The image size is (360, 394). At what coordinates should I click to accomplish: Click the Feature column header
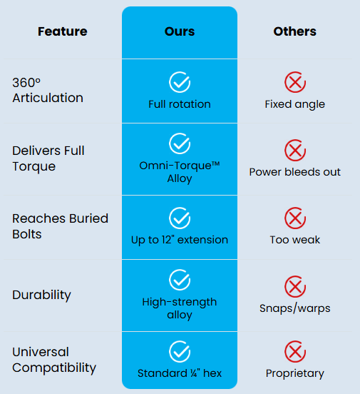coord(63,31)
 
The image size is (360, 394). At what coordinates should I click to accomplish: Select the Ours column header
coord(180,31)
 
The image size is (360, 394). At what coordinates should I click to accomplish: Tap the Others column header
coord(295,31)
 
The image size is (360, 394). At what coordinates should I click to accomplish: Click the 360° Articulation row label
coord(48,90)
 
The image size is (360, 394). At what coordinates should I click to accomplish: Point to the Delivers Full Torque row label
coord(48,158)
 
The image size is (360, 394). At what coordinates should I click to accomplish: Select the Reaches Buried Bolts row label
coord(61,227)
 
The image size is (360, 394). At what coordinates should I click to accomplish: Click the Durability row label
coord(41,295)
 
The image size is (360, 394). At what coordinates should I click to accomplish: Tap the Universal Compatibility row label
coord(54,360)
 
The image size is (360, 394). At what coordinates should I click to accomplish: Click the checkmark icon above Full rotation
coord(180,82)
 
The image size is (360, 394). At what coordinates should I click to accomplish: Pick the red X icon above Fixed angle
coord(295,82)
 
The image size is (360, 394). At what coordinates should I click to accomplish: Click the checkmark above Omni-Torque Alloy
coord(180,143)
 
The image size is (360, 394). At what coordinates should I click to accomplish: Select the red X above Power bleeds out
coord(295,151)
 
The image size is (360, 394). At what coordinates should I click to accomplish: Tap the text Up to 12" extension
coord(180,240)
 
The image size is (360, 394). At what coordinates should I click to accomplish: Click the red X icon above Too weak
coord(295,218)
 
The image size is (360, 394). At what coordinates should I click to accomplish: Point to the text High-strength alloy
coord(180,308)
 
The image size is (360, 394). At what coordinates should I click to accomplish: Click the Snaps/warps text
coord(295,308)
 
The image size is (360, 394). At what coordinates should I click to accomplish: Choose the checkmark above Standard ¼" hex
coord(180,352)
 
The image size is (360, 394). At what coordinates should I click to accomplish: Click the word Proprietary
coord(295,373)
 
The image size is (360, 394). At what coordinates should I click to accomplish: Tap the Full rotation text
coord(180,104)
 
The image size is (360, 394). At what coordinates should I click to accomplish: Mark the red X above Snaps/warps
coord(295,286)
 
